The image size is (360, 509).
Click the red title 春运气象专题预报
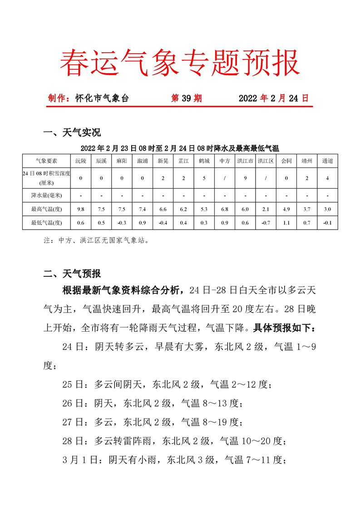pos(180,63)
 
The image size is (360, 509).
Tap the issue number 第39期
pos(186,98)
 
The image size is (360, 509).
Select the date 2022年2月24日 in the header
pos(273,98)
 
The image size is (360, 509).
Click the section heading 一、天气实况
pos(71,132)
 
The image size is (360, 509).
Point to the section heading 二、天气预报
pos(71,274)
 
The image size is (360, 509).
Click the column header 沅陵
pos(80,161)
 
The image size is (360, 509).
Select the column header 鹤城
pos(204,161)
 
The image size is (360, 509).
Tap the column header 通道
pos(327,161)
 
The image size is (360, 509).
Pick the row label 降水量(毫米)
pos(46,196)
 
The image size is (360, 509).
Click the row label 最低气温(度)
pos(46,222)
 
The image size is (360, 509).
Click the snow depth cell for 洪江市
pos(245,178)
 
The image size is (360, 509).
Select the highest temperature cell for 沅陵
pos(80,209)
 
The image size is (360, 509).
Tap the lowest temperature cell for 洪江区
pos(266,222)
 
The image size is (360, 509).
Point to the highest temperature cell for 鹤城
pos(204,209)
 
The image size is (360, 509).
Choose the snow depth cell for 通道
pos(327,178)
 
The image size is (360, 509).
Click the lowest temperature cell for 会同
pos(286,222)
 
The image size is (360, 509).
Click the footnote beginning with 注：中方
pos(96,241)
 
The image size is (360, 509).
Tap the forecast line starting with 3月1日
pos(174,460)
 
